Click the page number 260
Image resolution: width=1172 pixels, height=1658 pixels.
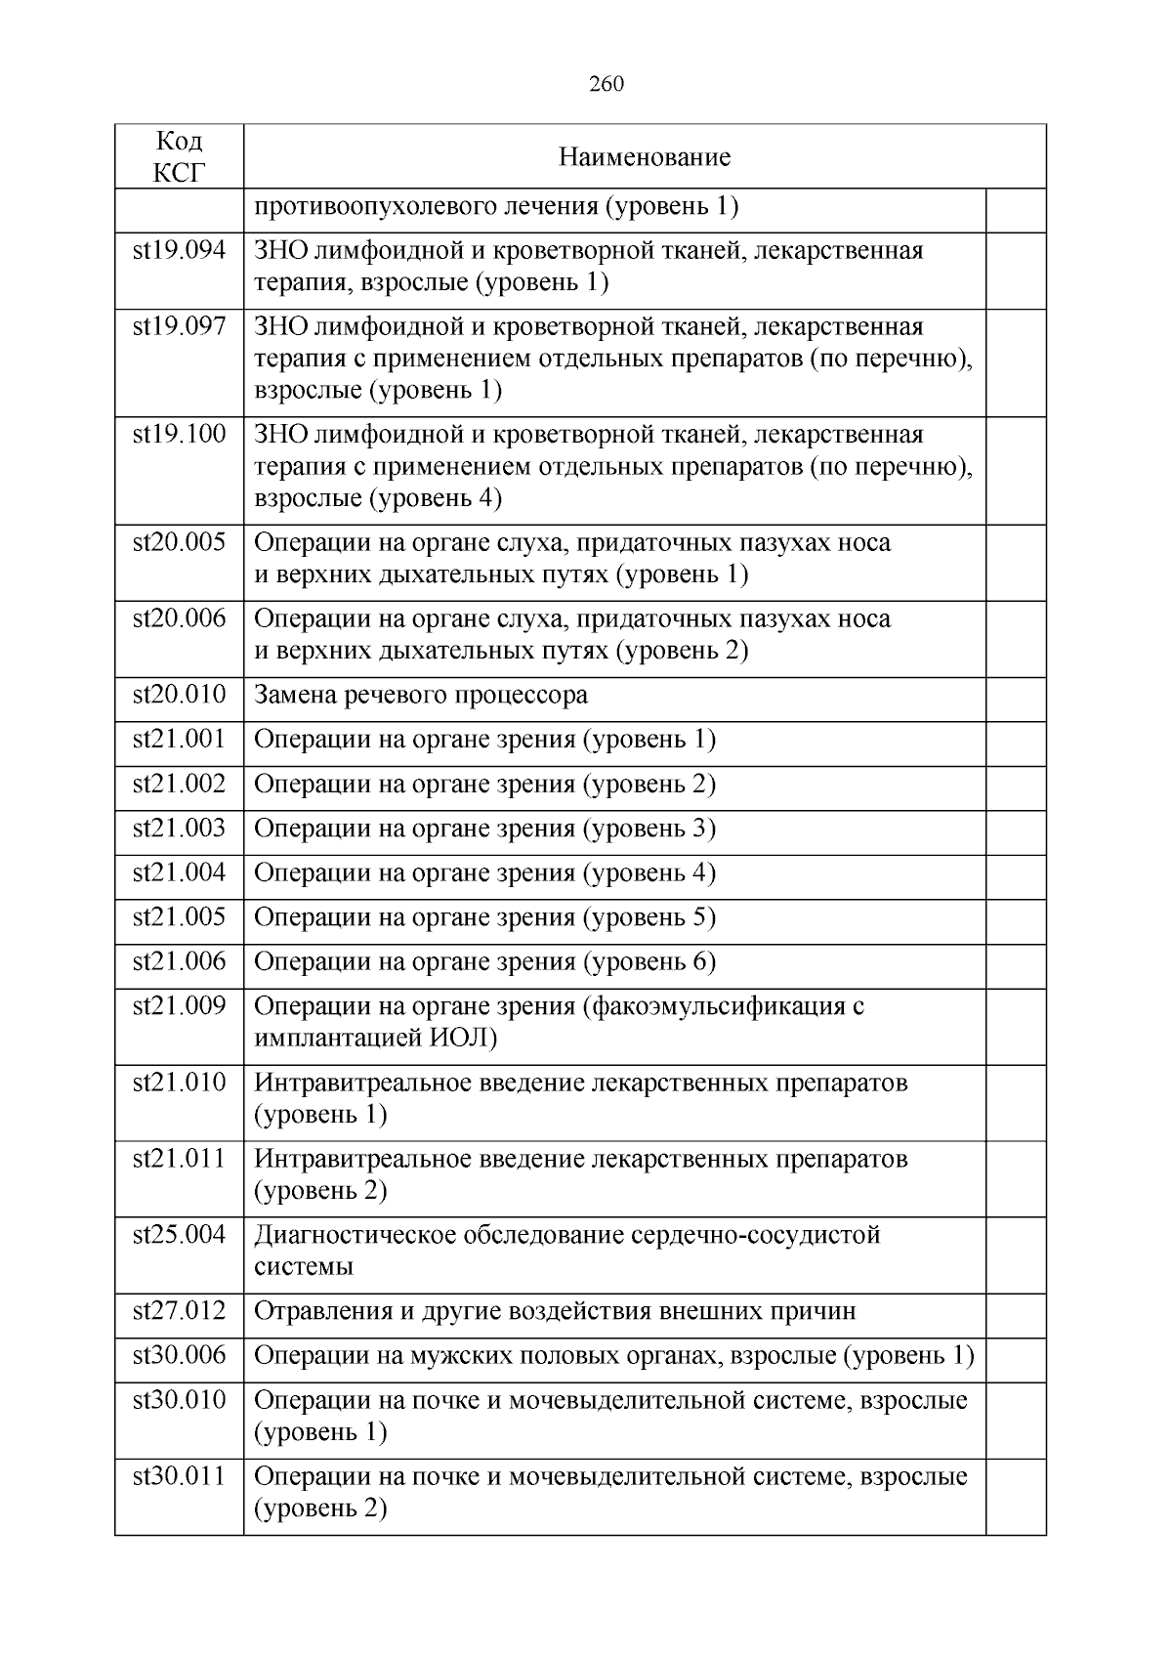tap(607, 84)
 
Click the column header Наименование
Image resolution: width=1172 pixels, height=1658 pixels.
tap(645, 157)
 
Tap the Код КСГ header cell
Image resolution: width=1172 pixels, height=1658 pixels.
tap(180, 156)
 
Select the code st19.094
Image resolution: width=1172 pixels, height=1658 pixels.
tap(180, 251)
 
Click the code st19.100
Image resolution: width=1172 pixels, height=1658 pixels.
tap(180, 435)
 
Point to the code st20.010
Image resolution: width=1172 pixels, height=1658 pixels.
tap(180, 696)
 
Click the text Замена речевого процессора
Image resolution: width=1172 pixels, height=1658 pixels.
tap(421, 696)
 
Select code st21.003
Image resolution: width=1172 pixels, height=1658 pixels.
tap(180, 829)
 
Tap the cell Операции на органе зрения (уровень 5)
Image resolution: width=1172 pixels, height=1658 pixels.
tap(485, 918)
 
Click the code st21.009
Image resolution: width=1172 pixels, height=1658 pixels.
tap(180, 1006)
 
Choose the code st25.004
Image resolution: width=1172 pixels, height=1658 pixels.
tap(180, 1235)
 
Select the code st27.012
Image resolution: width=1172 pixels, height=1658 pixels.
tap(180, 1311)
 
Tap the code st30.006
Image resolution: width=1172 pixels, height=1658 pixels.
tap(180, 1356)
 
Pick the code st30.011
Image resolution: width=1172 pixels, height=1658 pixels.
tap(180, 1476)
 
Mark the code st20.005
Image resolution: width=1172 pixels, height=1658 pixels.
tap(180, 542)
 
